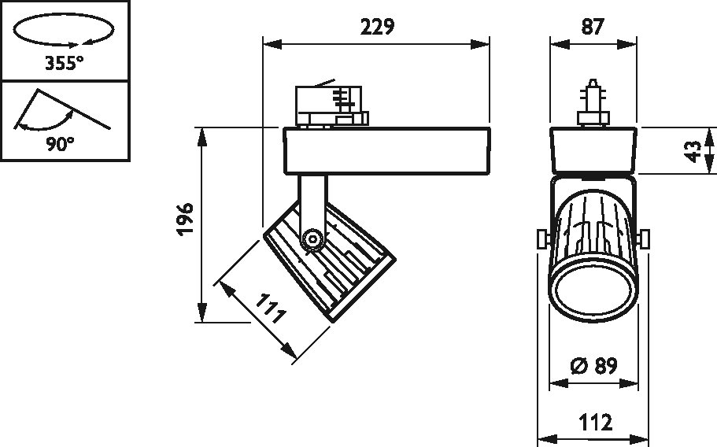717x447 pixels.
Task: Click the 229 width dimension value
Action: (x=376, y=26)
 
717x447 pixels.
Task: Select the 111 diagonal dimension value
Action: (x=268, y=310)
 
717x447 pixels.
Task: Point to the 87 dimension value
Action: (x=593, y=26)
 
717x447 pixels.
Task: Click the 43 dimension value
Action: (x=693, y=150)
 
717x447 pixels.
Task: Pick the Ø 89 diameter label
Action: (x=593, y=366)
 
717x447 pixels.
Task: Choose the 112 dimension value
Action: (x=596, y=423)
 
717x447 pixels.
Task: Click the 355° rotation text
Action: (x=65, y=64)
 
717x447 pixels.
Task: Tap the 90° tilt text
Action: (x=61, y=143)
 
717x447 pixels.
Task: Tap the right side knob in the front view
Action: (x=645, y=238)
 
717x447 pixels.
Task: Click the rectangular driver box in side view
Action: (x=386, y=150)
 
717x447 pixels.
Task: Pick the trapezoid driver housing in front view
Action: (x=592, y=150)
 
